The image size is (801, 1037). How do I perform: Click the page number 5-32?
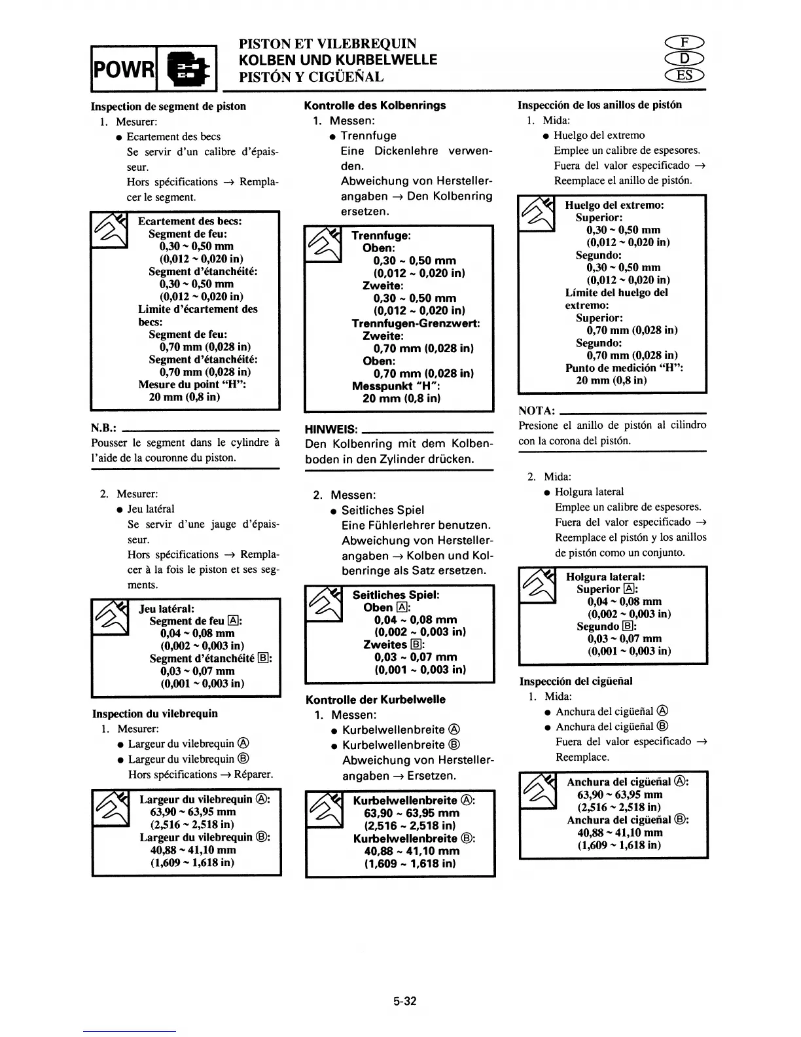tap(405, 1001)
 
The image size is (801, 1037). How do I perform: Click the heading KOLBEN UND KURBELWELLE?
tap(330, 60)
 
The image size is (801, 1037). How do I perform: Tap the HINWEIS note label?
tap(332, 429)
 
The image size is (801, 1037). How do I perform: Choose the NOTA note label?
tap(537, 410)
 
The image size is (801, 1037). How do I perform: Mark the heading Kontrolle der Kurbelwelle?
tap(375, 699)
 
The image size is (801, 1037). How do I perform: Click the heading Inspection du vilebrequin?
tap(155, 714)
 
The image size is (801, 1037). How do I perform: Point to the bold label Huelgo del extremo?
tap(614, 205)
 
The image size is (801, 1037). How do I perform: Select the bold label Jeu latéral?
tap(166, 609)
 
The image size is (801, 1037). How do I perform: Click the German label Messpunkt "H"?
tap(396, 386)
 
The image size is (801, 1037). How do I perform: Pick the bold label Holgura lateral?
tap(605, 577)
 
